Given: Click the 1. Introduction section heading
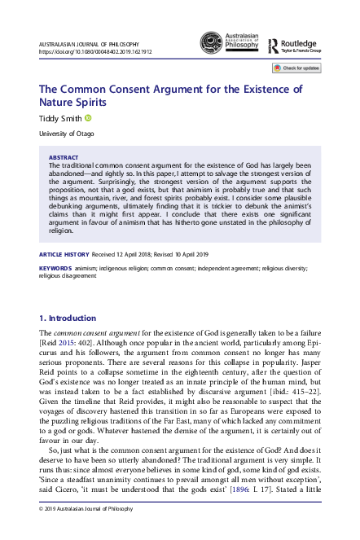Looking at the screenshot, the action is [68, 317].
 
